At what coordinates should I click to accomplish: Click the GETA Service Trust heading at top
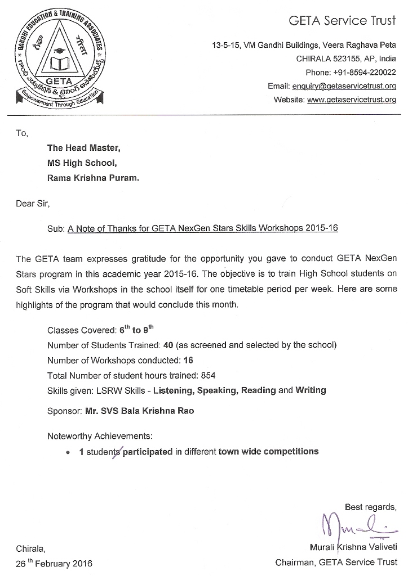[x=342, y=21]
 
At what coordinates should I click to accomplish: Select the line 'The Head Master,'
[x=83, y=148]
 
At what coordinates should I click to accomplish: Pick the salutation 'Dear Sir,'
[x=33, y=204]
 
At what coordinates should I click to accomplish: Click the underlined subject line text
[x=203, y=228]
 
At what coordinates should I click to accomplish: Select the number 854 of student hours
[x=209, y=375]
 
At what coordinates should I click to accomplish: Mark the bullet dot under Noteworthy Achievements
[x=68, y=452]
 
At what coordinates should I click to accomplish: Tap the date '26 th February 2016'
[x=54, y=563]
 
